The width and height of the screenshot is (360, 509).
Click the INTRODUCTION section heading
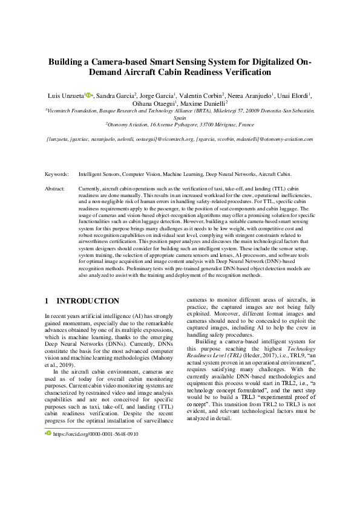tap(87, 300)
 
